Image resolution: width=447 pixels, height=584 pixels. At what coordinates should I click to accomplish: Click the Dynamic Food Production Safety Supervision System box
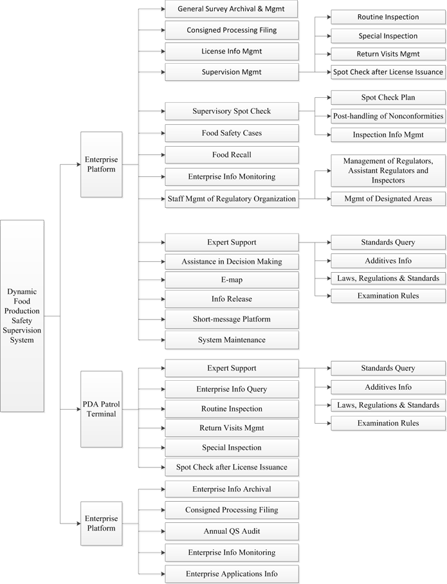pos(22,316)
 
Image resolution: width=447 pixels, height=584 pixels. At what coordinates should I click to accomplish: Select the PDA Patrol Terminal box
pos(102,409)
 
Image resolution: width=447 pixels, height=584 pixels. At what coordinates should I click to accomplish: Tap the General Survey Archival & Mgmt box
pos(232,9)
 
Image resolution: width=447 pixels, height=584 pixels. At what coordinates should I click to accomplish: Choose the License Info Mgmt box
pos(232,51)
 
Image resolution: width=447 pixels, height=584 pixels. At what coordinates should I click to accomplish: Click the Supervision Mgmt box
pos(232,72)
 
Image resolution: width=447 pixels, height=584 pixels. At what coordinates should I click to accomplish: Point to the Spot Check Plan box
pos(388,97)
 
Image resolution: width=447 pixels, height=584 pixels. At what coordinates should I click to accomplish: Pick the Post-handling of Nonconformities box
pos(388,116)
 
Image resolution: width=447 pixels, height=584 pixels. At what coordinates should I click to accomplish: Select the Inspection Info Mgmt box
pos(388,134)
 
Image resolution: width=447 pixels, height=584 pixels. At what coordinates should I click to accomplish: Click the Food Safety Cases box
pos(232,133)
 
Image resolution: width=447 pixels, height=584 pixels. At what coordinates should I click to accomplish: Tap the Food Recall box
pos(232,154)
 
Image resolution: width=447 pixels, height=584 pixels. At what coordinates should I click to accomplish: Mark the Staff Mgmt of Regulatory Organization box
pos(232,199)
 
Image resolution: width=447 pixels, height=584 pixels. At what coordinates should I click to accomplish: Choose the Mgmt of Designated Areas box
pos(388,199)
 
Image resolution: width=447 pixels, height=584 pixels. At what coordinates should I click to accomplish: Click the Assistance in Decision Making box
pos(232,262)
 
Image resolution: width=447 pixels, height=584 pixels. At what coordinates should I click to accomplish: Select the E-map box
pos(232,280)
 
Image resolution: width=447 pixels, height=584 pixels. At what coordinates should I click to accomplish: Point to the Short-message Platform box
pos(232,319)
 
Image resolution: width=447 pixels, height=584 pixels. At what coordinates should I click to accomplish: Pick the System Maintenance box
pos(232,340)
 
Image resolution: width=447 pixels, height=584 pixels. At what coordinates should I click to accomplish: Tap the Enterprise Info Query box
pos(232,389)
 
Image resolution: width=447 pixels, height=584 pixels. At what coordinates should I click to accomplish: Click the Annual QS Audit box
pos(232,531)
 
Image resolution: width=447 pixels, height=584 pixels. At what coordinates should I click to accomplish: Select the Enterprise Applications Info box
pos(232,574)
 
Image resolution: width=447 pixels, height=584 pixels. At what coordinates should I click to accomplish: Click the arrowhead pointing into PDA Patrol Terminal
pos(78,409)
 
